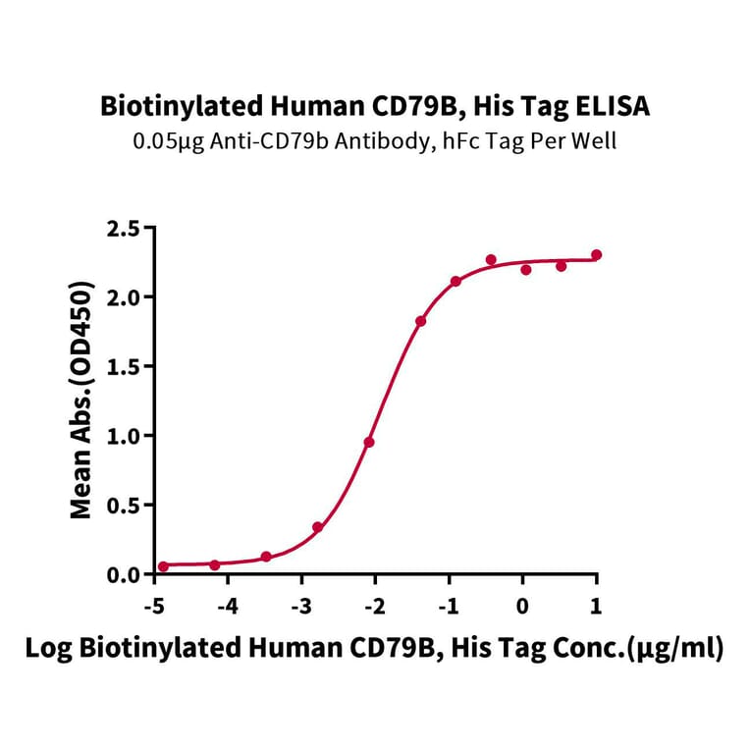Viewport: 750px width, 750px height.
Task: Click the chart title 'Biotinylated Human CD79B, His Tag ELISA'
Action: click(375, 106)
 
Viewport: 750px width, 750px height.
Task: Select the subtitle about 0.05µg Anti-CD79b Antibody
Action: click(375, 140)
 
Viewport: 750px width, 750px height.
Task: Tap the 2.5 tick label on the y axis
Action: click(124, 229)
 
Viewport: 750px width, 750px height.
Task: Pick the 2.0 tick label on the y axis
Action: click(124, 297)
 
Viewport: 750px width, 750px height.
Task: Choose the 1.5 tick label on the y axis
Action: click(124, 367)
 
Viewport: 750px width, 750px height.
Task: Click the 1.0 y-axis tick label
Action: click(124, 436)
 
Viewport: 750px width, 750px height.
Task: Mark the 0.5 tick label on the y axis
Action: click(124, 506)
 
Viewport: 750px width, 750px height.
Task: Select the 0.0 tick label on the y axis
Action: click(124, 574)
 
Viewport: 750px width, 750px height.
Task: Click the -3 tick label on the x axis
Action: click(300, 604)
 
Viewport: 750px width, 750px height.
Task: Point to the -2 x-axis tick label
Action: click(374, 604)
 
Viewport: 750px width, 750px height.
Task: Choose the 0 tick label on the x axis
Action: click(523, 604)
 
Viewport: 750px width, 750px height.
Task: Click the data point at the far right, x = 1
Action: click(597, 255)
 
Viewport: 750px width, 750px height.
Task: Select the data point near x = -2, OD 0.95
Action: click(369, 442)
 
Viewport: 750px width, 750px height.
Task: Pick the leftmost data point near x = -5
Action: click(163, 566)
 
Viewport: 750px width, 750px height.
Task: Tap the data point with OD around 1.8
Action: click(420, 321)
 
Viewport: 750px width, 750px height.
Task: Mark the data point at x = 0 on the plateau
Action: click(526, 269)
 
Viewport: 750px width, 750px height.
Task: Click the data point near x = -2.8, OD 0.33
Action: click(318, 527)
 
